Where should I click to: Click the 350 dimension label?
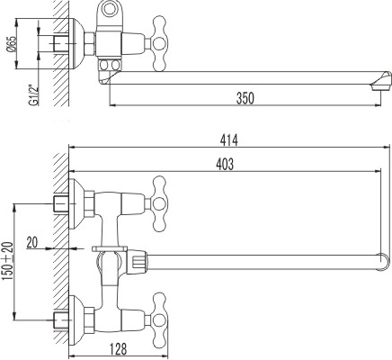[245, 98]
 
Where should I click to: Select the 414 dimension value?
[229, 139]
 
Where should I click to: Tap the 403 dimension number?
[225, 164]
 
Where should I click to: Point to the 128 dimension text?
[118, 348]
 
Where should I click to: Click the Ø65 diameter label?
[12, 44]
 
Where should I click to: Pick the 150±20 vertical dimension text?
[8, 261]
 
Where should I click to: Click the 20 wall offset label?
[32, 242]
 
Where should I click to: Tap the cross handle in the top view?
[158, 44]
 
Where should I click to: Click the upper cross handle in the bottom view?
[158, 204]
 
